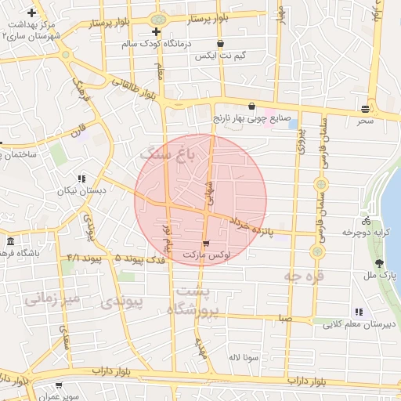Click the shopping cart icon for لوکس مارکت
tap(206, 244)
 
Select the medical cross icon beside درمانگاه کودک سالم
tap(157, 32)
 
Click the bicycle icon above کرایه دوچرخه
tap(366, 221)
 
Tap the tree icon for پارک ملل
tap(380, 264)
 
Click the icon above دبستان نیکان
tap(81, 179)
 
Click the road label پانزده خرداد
tap(251, 228)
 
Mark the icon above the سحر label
tap(366, 108)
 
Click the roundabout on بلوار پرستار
tap(158, 19)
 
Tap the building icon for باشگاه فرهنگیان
tap(11, 241)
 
